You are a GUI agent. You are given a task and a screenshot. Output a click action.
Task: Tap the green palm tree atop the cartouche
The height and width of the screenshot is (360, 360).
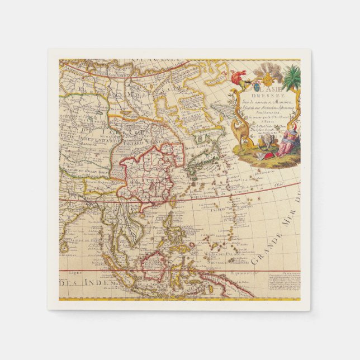point(291,79)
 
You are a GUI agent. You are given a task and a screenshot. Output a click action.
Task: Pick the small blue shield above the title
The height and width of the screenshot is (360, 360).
point(257,87)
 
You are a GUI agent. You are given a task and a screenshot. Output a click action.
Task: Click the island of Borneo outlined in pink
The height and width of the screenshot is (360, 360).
point(155,266)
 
